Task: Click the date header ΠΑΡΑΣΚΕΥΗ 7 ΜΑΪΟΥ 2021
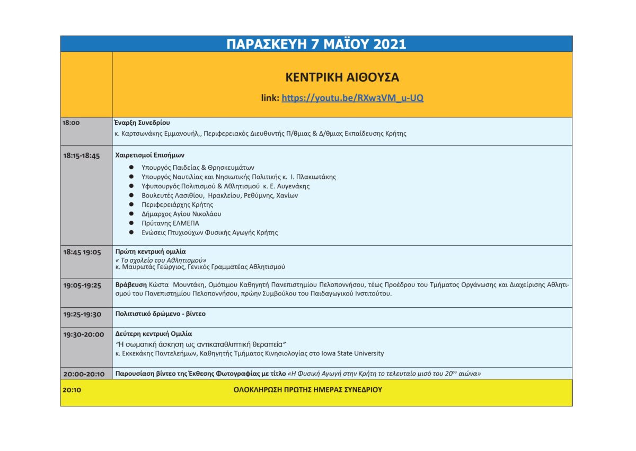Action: (316, 44)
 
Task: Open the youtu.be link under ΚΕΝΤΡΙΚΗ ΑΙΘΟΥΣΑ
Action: (352, 98)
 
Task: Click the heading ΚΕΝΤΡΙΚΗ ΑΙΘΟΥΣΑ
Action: (342, 77)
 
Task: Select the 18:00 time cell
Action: (71, 123)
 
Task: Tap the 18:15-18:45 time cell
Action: (81, 156)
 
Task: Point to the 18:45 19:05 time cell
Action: (82, 252)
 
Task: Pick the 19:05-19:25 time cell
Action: (82, 285)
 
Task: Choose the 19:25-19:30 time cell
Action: (82, 314)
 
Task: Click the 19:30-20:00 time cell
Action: (83, 334)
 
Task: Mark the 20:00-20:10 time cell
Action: (84, 374)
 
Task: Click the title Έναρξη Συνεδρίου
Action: (142, 123)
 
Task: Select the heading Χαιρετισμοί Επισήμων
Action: (149, 155)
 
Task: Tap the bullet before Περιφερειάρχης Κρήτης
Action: (131, 204)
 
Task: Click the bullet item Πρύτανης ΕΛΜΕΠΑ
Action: (166, 223)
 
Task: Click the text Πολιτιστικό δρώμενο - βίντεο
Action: (160, 314)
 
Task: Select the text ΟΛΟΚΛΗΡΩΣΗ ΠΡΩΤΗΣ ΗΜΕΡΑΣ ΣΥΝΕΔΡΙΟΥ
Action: (307, 389)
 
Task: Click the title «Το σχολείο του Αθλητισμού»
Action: (161, 260)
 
